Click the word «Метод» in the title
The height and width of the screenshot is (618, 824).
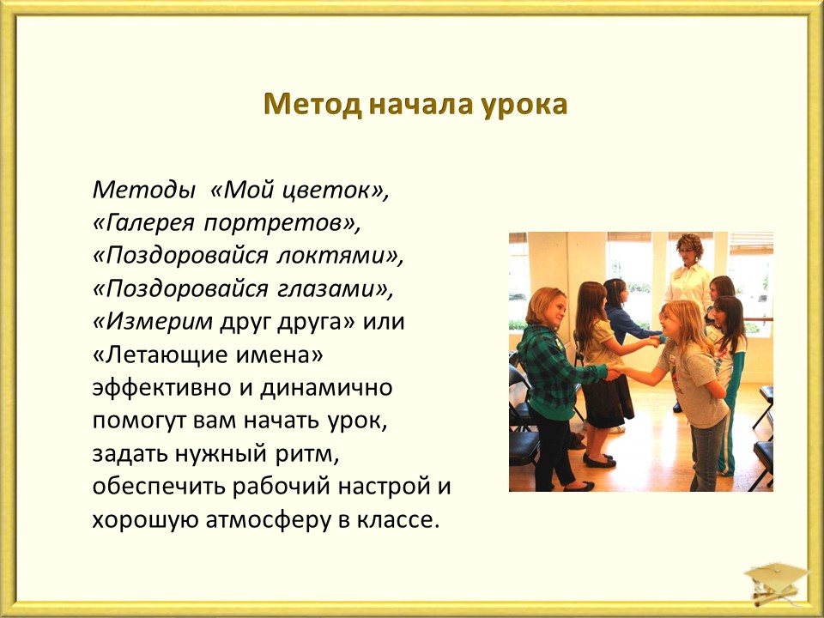point(312,105)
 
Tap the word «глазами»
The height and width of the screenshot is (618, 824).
point(326,289)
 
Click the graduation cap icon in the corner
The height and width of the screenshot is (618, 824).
point(776,582)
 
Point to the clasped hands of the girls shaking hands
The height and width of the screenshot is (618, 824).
point(613,372)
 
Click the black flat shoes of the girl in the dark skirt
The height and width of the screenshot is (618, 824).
point(598,460)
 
